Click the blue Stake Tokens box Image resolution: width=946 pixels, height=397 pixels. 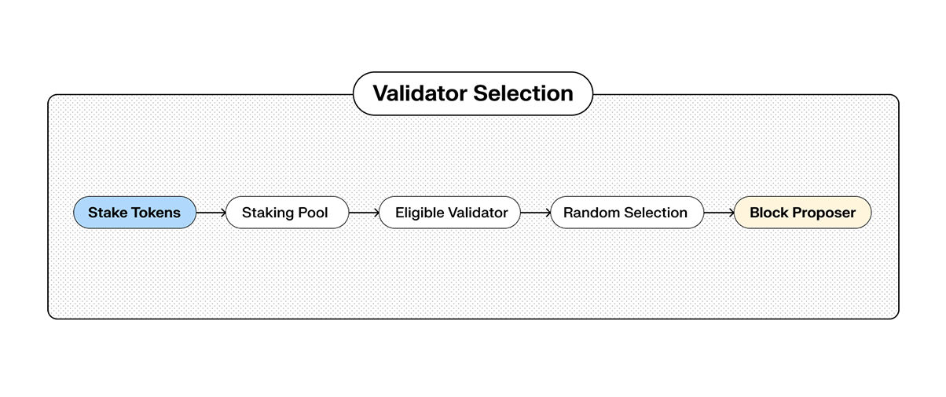point(134,213)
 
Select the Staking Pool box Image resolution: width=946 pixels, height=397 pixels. point(286,213)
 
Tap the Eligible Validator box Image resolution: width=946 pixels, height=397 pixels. point(449,213)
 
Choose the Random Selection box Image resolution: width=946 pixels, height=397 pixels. point(626,213)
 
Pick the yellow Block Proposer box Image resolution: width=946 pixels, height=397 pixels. point(802,213)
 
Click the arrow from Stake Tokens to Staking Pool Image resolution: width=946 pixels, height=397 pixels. point(211,213)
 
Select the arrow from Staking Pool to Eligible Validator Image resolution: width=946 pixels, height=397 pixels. point(363,213)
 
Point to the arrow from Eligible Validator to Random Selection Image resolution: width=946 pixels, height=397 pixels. point(535,213)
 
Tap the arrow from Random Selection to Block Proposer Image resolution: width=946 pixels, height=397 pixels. point(718,213)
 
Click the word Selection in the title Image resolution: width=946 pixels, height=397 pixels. point(523,94)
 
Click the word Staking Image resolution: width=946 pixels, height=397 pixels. point(269,213)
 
